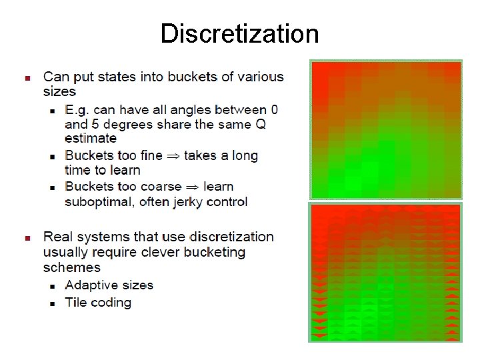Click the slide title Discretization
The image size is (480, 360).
pos(239,33)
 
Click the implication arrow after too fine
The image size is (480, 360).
pos(173,156)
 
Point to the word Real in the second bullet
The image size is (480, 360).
pos(57,237)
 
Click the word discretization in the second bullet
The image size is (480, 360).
pos(231,237)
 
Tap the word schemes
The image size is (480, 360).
pos(72,267)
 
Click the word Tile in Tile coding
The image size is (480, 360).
pos(76,302)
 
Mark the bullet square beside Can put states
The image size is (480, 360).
pos(27,78)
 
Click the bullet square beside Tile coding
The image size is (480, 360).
pos(53,303)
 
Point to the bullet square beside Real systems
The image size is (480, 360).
pos(27,238)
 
